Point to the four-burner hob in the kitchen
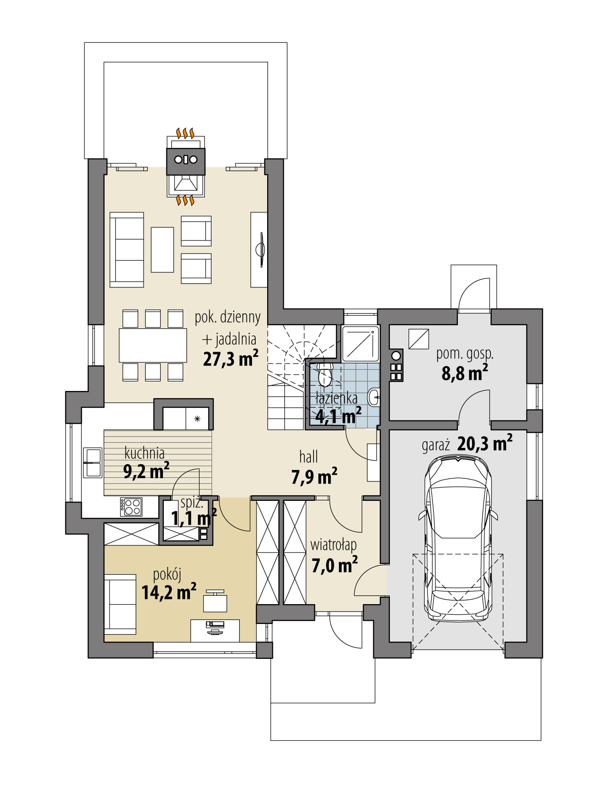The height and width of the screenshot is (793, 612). [131, 506]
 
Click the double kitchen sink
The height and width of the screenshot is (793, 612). [93, 462]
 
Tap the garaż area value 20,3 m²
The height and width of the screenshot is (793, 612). [485, 443]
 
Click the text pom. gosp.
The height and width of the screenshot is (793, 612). [465, 353]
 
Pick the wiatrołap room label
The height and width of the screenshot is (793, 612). [333, 545]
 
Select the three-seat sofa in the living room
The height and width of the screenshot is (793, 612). [127, 250]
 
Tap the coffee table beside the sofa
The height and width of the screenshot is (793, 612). [162, 250]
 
